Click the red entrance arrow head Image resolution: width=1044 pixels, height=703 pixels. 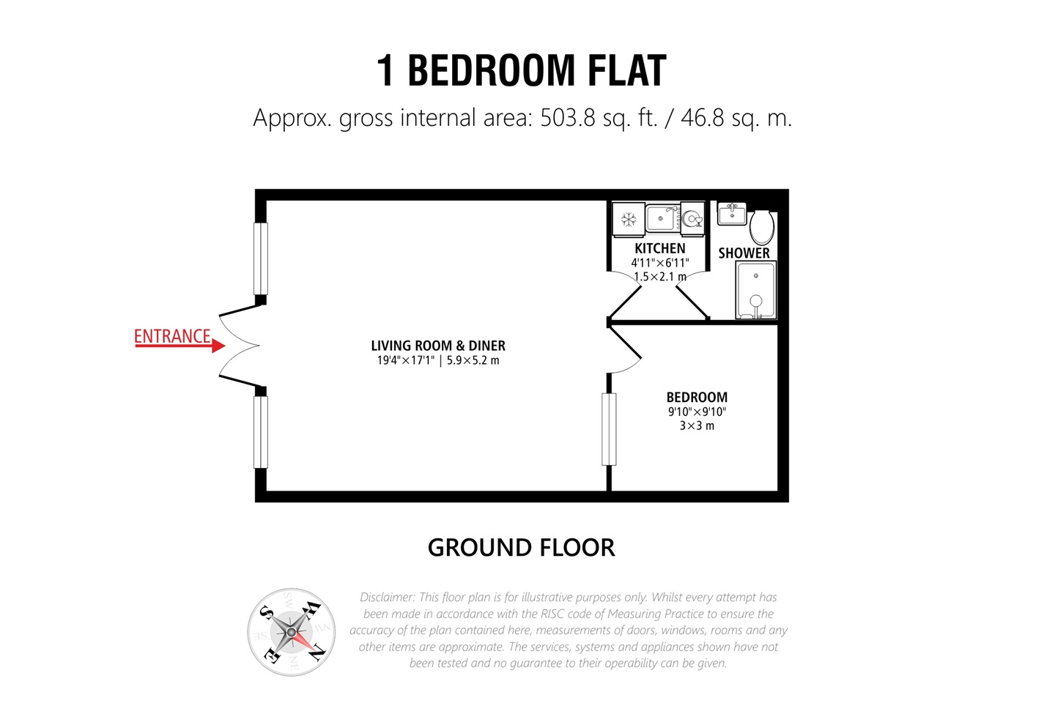218,346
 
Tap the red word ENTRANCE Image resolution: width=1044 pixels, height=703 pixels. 172,336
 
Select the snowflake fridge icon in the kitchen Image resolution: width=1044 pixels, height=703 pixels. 629,219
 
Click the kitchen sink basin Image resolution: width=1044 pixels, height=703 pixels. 661,218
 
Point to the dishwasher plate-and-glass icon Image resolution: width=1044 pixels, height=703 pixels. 692,218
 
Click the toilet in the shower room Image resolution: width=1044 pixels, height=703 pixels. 762,227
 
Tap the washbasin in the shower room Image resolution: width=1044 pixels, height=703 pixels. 732,214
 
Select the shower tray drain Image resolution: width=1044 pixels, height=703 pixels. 756,276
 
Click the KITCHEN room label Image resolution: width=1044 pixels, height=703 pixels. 660,248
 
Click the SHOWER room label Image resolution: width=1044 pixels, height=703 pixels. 744,253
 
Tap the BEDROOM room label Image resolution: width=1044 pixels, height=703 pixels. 697,398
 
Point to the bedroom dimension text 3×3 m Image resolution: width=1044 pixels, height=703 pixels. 697,425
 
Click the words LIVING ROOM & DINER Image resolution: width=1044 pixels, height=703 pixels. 438,346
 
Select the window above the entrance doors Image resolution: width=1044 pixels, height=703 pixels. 261,258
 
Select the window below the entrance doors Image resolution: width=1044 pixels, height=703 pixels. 261,431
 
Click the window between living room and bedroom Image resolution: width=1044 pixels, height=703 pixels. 609,429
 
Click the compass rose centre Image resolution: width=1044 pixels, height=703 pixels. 291,632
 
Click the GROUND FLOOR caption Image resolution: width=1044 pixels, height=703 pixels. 521,548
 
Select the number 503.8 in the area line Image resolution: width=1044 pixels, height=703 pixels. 568,118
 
